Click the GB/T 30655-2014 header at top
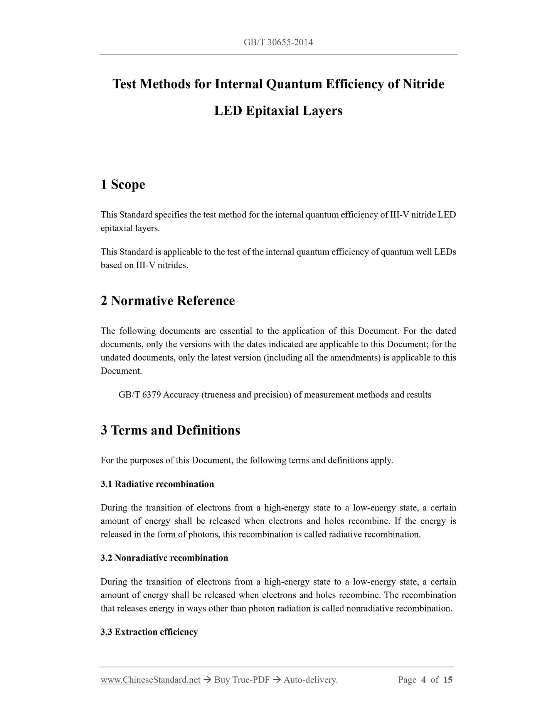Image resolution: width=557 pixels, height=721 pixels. (278, 42)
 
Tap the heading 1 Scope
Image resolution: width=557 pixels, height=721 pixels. (123, 184)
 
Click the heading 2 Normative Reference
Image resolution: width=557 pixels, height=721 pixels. (168, 301)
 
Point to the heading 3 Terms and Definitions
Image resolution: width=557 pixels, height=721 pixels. (170, 430)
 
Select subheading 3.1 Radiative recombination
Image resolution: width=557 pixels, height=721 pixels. (157, 484)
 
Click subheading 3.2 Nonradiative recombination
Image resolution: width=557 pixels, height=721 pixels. (164, 558)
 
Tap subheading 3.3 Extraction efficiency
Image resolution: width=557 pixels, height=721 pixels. (149, 632)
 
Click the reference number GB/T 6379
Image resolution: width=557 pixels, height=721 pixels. (140, 395)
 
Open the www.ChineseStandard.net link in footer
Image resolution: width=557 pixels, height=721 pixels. (150, 680)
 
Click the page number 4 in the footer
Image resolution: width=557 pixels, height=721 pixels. (423, 680)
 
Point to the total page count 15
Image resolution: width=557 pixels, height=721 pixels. (448, 680)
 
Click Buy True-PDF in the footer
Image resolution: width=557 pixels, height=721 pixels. (242, 680)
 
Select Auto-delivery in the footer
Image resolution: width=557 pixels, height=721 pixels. (310, 680)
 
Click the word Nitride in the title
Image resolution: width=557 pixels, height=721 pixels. (423, 84)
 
